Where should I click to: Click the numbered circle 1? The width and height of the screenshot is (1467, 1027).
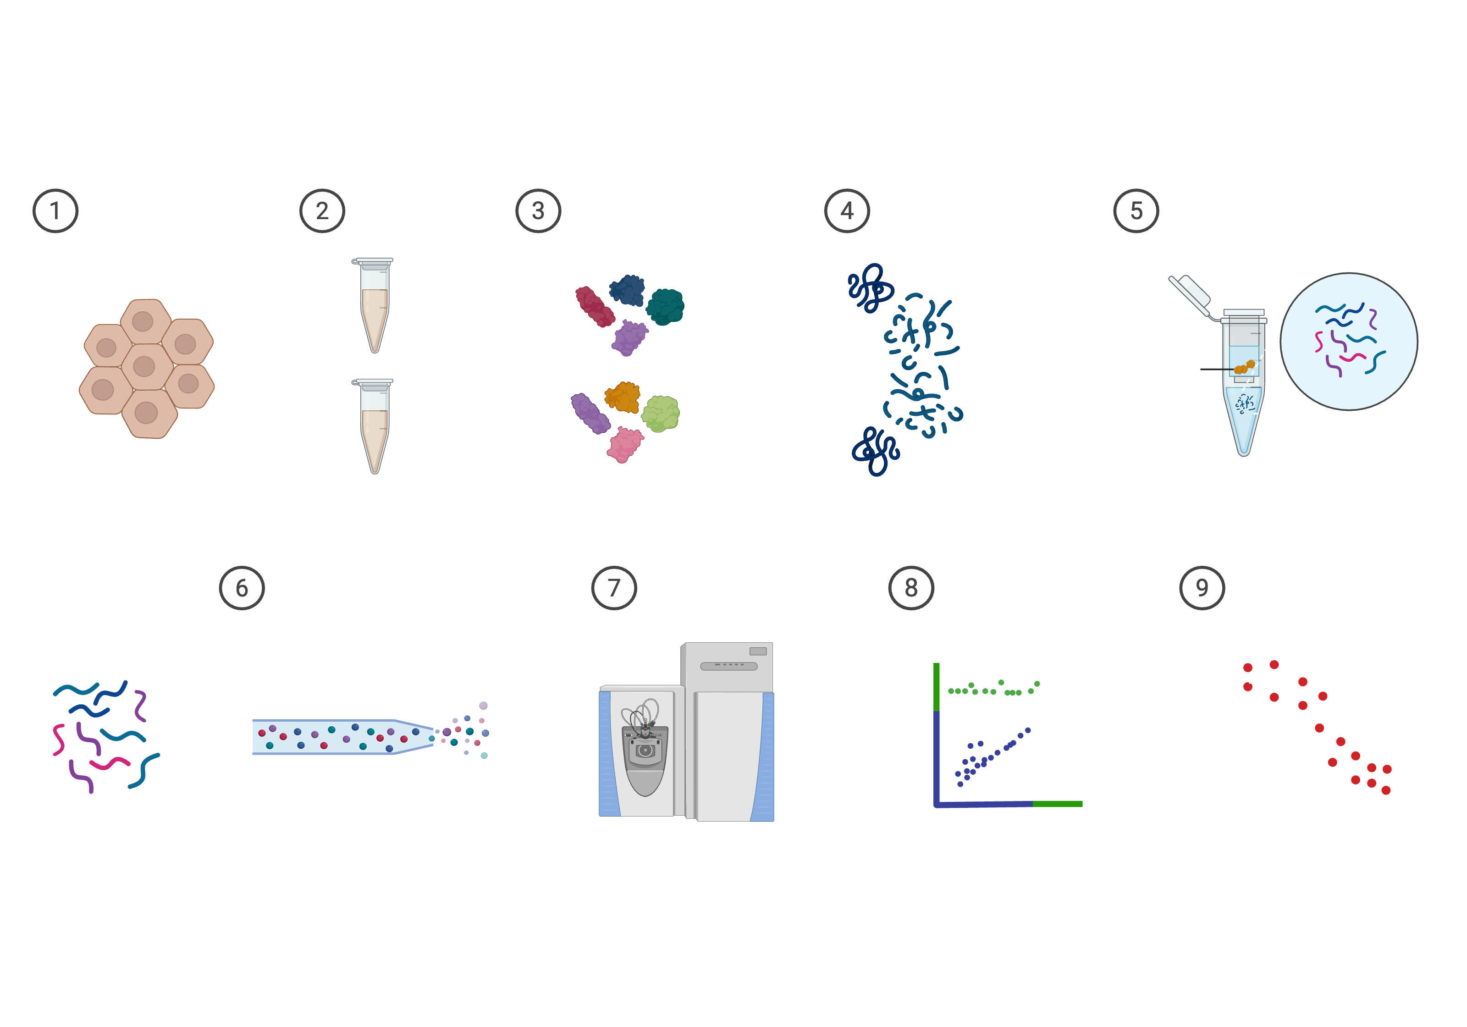[55, 211]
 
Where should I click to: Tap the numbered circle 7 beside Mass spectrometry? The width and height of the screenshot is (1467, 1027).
[613, 588]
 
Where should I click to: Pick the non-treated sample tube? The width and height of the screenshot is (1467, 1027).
[374, 426]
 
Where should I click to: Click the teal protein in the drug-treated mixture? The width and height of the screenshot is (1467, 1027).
[665, 306]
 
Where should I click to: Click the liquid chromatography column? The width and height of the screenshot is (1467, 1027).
[342, 737]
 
